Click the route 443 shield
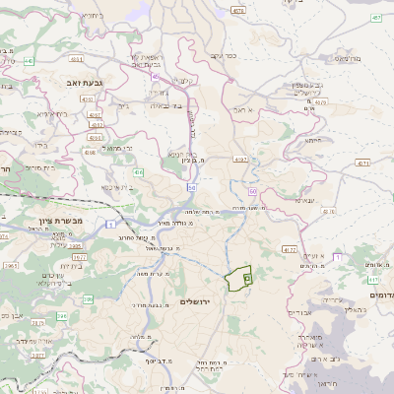click(x=30, y=61)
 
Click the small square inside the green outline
click(x=246, y=279)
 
